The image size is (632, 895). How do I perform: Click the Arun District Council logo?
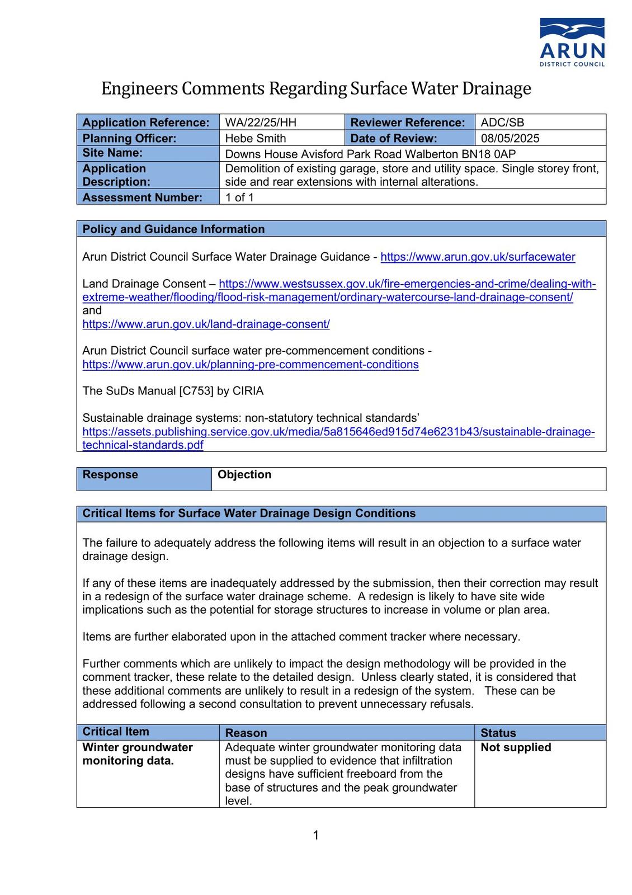coord(572,43)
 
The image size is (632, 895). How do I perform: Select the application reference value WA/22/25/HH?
coord(261,123)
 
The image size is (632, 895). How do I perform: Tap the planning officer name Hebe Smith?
coord(255,138)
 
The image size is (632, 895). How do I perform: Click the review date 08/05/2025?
coord(510,138)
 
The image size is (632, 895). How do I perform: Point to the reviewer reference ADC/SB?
coord(502,123)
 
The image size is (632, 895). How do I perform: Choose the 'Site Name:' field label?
coord(112,153)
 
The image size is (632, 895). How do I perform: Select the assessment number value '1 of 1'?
coord(239,197)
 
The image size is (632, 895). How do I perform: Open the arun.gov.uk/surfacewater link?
coord(478,257)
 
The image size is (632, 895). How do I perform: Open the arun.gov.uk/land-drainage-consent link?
coord(206,324)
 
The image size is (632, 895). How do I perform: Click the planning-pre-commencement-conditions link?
coord(251,365)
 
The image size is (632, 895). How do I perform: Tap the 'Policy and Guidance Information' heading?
coord(173,229)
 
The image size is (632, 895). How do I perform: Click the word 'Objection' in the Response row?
coord(244,475)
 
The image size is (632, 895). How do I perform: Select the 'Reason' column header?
coord(246,733)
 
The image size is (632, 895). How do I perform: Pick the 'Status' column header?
coord(498,733)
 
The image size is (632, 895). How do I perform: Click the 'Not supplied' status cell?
coord(516,747)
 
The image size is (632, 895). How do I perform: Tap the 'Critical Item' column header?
coord(116,732)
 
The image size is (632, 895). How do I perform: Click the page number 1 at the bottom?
coord(316,835)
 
